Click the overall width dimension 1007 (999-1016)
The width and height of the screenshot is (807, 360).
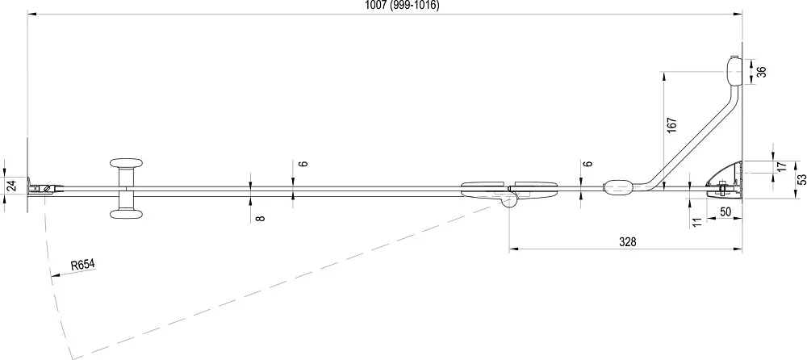pos(402,5)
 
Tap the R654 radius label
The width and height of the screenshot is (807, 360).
pos(83,266)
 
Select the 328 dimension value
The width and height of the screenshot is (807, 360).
pos(627,242)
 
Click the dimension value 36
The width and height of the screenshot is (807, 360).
pos(762,71)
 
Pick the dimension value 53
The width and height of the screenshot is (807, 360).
pos(801,180)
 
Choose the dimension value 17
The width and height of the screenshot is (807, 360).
pos(781,167)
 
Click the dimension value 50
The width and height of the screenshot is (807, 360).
pos(725,211)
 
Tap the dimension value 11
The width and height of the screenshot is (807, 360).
pos(698,222)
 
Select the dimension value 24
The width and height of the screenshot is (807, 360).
pos(12,185)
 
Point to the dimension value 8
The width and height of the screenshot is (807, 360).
pos(261,219)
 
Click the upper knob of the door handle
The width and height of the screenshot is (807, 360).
pos(126,164)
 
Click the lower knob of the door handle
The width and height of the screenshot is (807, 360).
pos(126,214)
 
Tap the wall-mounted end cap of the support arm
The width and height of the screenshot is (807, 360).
pos(733,71)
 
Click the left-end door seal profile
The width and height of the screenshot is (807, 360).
pos(45,189)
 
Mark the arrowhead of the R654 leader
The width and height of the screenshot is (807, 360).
pos(54,275)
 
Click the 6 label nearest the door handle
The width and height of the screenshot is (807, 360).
pos(303,163)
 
